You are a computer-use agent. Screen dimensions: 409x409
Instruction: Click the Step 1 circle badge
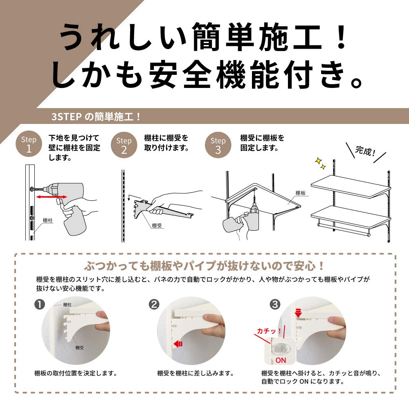(29, 144)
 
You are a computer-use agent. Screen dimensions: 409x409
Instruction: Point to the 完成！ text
(365, 152)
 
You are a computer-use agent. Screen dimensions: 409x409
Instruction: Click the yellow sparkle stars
(320, 164)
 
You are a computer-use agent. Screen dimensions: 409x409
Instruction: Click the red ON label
(281, 360)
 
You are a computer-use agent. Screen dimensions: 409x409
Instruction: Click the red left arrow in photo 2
(178, 344)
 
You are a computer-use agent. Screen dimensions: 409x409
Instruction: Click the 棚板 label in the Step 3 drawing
(301, 193)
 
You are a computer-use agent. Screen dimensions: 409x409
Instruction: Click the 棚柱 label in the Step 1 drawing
(48, 220)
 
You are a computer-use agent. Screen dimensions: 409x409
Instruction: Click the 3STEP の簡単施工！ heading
(96, 117)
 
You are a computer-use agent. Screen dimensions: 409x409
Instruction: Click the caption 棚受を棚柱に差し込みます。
(196, 373)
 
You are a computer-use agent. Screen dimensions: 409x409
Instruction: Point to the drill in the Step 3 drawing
(253, 219)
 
